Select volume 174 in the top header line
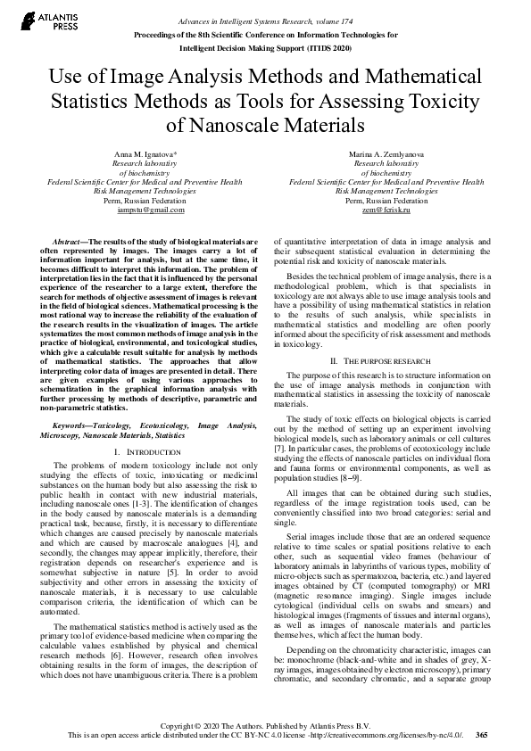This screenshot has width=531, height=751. click(356, 20)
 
